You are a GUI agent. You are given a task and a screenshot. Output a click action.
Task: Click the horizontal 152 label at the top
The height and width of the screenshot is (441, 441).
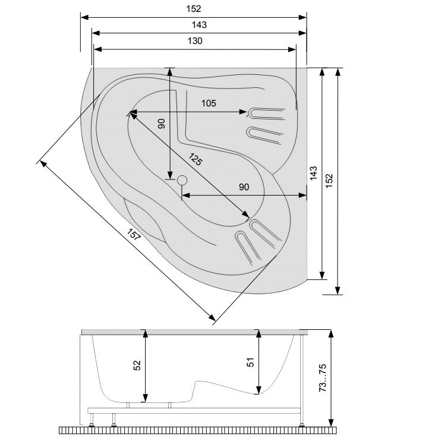tap(194, 9)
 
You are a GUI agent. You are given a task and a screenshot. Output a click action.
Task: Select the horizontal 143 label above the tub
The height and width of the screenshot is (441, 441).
tap(199, 25)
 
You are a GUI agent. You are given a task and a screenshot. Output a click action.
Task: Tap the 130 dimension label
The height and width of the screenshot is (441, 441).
tap(195, 41)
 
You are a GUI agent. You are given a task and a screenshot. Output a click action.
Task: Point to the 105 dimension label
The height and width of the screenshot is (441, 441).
tap(209, 103)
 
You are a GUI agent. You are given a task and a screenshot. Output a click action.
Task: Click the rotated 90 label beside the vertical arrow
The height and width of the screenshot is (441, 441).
tap(161, 124)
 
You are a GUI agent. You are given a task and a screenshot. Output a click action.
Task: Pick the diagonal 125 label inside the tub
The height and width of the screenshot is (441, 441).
tap(195, 159)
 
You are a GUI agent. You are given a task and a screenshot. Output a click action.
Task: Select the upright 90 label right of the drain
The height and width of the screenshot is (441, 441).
tap(244, 187)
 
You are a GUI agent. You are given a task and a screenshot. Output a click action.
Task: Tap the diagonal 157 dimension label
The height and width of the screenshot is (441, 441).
tap(134, 235)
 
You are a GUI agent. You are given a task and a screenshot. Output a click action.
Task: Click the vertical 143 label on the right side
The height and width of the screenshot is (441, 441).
tap(313, 173)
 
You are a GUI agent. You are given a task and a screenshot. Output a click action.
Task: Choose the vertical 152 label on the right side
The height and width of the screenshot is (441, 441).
tap(329, 181)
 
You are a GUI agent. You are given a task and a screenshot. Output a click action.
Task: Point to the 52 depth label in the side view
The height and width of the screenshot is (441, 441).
tap(137, 366)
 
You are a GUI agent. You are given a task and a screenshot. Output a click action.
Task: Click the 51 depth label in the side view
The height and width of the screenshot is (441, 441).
tap(250, 362)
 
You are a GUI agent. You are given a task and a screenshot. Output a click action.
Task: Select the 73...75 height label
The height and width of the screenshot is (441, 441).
tap(322, 378)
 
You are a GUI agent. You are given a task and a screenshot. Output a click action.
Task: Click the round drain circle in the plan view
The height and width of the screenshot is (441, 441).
tap(182, 180)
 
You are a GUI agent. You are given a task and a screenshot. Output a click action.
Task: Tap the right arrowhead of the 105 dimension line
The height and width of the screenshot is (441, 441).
tap(244, 112)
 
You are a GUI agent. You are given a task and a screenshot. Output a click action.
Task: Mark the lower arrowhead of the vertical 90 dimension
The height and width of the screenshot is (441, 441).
tap(169, 175)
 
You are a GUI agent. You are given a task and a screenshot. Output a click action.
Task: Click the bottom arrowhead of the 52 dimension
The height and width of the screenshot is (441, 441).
tap(145, 398)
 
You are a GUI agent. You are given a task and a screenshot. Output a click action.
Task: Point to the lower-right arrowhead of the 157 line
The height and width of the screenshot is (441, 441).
tap(212, 318)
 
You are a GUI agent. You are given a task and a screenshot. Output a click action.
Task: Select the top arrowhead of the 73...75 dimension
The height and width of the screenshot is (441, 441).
tap(331, 334)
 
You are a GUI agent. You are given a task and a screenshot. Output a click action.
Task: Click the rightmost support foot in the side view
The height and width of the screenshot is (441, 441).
tap(302, 423)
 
